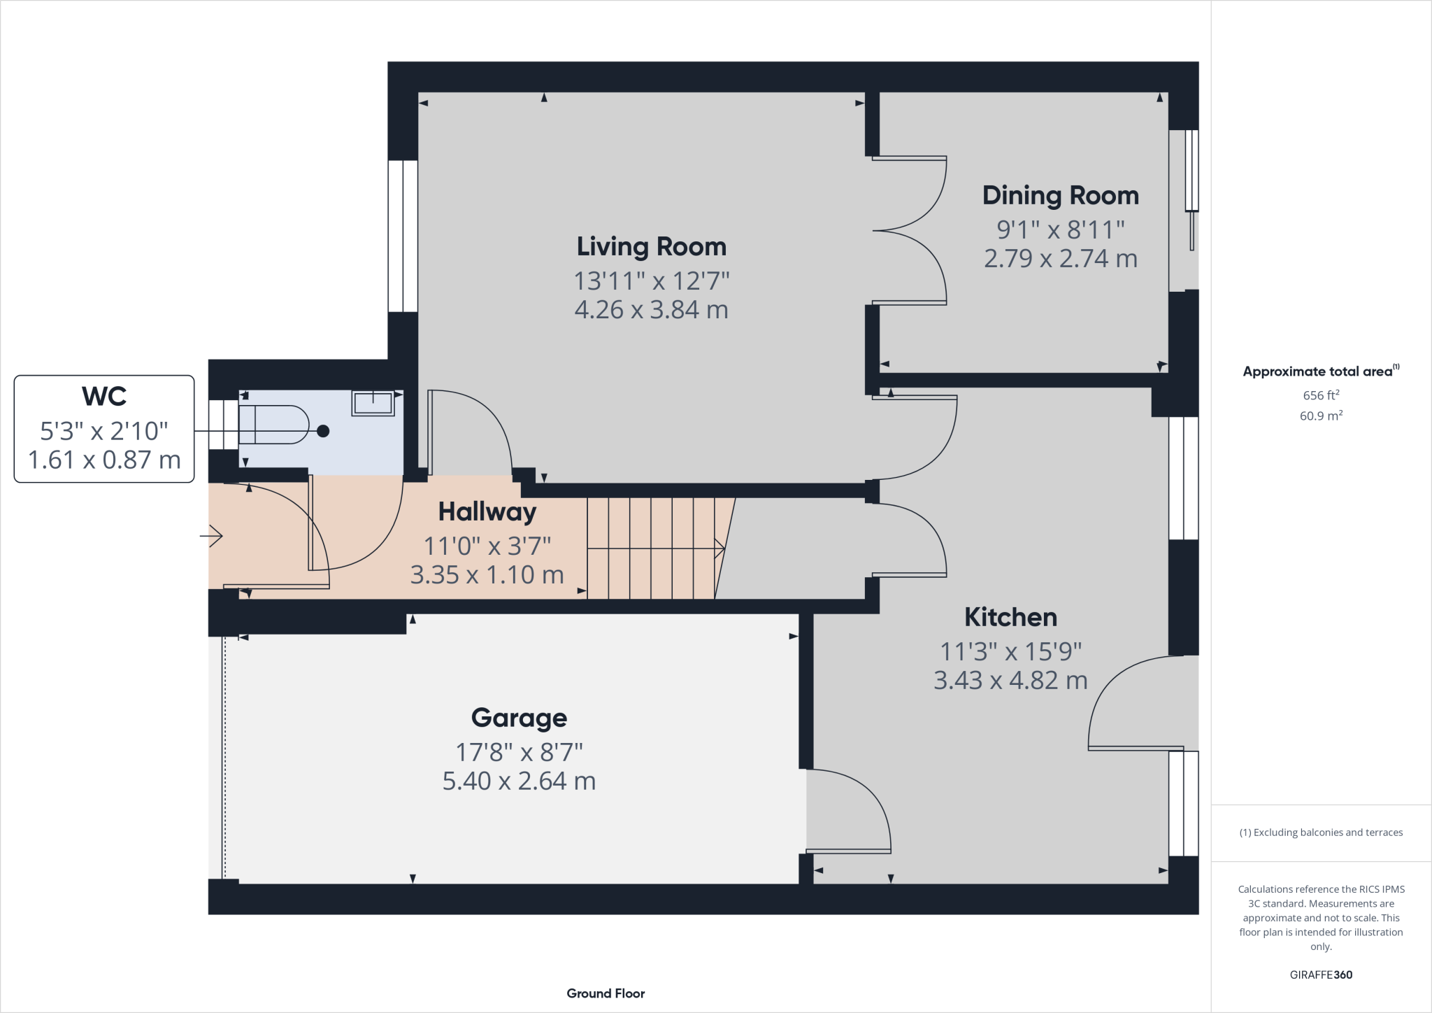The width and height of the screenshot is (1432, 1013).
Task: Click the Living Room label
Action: coord(652,247)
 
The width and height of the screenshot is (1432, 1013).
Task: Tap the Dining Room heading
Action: coord(1061,196)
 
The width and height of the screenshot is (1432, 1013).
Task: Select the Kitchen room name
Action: coord(1011,617)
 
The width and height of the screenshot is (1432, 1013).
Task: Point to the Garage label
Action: coord(519,718)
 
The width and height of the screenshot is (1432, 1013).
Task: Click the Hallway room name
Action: coord(487,512)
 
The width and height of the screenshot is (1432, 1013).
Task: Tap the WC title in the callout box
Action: coord(104,397)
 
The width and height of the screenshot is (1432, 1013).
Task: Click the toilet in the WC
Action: coord(273,425)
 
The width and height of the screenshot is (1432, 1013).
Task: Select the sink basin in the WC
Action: coord(373,403)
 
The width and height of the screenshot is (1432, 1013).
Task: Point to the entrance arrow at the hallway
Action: coord(211,537)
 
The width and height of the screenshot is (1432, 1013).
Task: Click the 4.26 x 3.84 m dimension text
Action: coord(652,309)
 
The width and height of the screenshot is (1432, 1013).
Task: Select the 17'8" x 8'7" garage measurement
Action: coord(519,753)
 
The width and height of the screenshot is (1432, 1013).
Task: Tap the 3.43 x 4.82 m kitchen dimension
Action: coord(1011,681)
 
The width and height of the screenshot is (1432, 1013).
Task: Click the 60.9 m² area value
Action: coord(1321,416)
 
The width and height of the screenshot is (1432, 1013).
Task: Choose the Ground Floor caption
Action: coord(606,993)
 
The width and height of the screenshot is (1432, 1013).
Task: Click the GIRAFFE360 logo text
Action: coord(1321,975)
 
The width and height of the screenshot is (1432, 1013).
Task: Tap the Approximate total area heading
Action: coord(1321,371)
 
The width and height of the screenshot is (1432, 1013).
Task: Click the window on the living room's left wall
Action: coord(403,236)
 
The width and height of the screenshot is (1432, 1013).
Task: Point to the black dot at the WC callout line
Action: coord(323,431)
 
